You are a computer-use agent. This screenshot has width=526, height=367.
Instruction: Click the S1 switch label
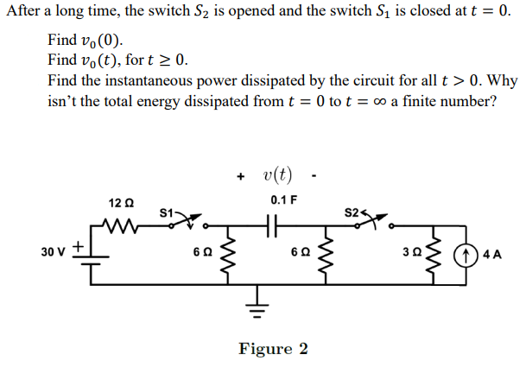pyautogui.click(x=168, y=211)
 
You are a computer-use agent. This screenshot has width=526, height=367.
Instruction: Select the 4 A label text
pyautogui.click(x=496, y=256)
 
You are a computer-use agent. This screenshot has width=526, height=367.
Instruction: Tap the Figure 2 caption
pyautogui.click(x=273, y=348)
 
